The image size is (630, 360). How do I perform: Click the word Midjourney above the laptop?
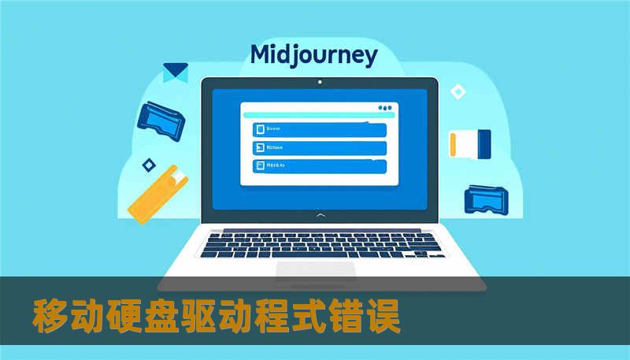tap(313, 55)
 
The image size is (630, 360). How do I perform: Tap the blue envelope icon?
tap(175, 72)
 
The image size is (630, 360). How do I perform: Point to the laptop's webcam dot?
tap(319, 82)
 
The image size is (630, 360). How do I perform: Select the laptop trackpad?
tap(315, 270)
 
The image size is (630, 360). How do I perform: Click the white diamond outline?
tap(458, 92)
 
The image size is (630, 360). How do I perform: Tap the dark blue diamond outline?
tap(147, 165)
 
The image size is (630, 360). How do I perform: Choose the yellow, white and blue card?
tap(470, 143)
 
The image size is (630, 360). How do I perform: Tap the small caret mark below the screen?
tap(319, 214)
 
